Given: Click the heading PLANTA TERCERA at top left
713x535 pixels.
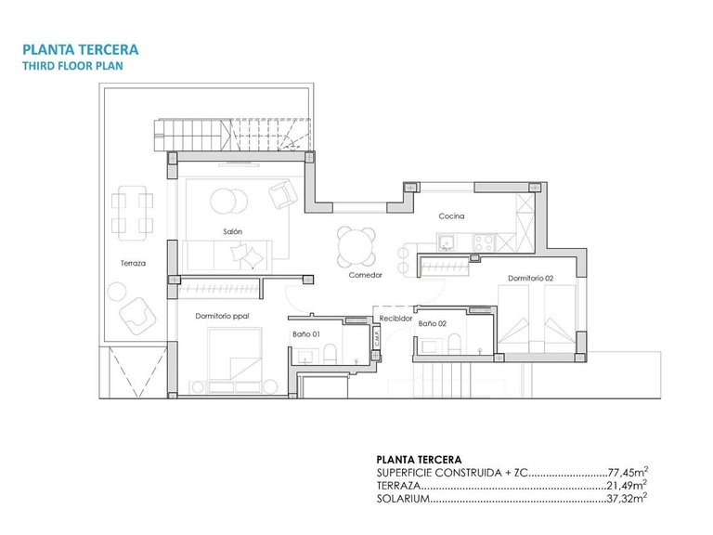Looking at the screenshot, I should tap(80, 49).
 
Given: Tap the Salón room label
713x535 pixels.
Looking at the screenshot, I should tap(232, 231).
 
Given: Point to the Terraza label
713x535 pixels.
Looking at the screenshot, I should tap(133, 263).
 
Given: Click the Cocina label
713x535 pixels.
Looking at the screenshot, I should tap(451, 216).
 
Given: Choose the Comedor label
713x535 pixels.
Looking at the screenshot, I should tap(366, 275).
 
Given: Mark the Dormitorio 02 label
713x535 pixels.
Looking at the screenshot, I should tap(530, 279).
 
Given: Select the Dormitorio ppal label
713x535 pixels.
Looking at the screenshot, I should tap(223, 316).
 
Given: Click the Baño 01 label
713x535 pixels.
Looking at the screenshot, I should tap(305, 333).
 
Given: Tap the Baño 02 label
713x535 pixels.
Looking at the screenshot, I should tap(432, 324).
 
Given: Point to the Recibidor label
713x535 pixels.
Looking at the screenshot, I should tap(395, 318).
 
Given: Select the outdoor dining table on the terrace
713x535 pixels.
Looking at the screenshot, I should tap(131, 212).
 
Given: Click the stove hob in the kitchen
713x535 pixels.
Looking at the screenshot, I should tap(484, 242).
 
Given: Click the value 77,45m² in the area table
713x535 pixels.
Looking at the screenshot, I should tap(628, 471).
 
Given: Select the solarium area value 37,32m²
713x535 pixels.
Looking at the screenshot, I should tap(628, 499).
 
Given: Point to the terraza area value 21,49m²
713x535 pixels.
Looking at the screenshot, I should tap(628, 485).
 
